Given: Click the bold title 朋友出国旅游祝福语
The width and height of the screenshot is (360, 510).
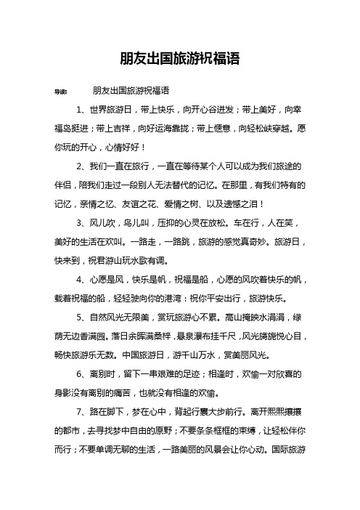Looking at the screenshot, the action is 179,58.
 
